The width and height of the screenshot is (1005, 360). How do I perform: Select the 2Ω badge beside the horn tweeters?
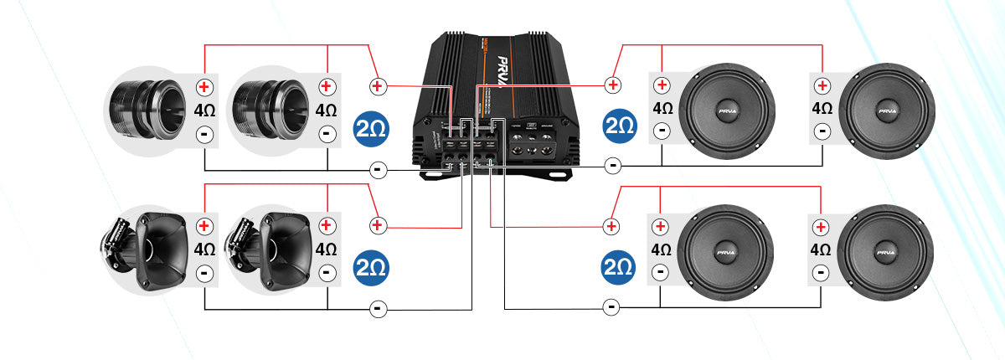(x=370, y=267)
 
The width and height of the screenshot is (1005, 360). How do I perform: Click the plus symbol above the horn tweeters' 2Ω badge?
(x=377, y=225)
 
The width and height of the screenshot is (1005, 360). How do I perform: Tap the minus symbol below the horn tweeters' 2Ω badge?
(x=377, y=309)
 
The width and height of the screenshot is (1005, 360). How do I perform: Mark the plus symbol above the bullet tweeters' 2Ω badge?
(x=377, y=85)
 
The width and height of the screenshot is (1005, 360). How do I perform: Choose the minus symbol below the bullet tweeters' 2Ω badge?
(x=377, y=170)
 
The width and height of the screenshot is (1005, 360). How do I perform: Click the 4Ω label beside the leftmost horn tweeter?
(x=204, y=249)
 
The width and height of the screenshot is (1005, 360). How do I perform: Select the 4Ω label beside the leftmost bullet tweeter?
(x=204, y=110)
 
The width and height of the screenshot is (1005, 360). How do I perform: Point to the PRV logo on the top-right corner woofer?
(x=886, y=110)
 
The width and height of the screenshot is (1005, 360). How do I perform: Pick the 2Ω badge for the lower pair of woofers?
(x=619, y=267)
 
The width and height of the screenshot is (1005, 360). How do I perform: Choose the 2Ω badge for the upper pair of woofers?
(x=619, y=126)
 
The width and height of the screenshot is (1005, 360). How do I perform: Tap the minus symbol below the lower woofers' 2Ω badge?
(x=612, y=307)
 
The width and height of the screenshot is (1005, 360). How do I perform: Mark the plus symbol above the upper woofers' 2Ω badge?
(x=613, y=85)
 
